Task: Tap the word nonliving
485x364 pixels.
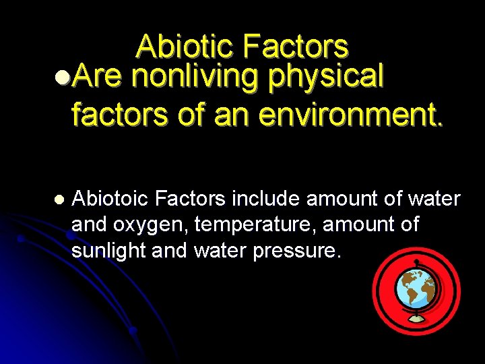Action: (x=195, y=77)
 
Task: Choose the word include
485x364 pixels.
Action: (x=267, y=199)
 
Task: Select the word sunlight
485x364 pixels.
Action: (x=109, y=250)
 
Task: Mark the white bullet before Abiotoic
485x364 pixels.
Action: (x=58, y=200)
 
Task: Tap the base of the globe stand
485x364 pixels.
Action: (x=416, y=318)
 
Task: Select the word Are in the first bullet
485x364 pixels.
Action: (x=96, y=77)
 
